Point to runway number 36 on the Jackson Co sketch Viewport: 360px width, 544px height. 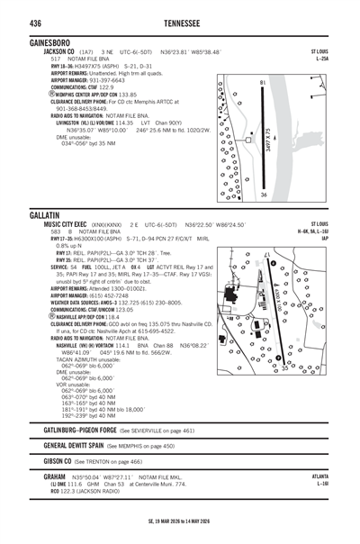263,195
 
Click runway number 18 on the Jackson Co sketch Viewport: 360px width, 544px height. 263,83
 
